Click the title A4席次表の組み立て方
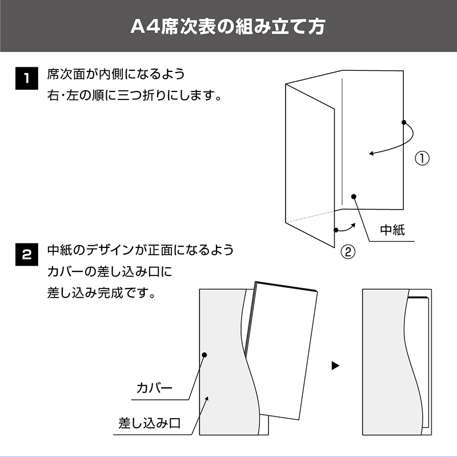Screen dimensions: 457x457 (227, 27)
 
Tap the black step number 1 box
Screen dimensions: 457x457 (26, 78)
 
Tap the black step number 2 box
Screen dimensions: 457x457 (26, 254)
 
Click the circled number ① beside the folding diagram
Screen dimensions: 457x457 (422, 158)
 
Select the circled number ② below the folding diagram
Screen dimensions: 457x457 (348, 252)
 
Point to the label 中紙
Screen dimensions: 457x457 (392, 230)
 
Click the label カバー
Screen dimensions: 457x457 (154, 388)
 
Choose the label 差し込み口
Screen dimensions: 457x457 (149, 423)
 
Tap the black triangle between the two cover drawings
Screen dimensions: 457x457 (335, 366)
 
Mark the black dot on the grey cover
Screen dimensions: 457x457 (205, 355)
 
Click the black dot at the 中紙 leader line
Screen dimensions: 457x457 (354, 197)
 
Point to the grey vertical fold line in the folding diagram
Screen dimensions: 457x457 (342, 142)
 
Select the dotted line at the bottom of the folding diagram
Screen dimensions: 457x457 (310, 217)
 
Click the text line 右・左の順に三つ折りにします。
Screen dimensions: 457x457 (135, 95)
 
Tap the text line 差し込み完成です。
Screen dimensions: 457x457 (102, 293)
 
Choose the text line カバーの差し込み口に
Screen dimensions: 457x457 (110, 272)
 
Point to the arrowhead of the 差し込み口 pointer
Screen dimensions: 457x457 (207, 398)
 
